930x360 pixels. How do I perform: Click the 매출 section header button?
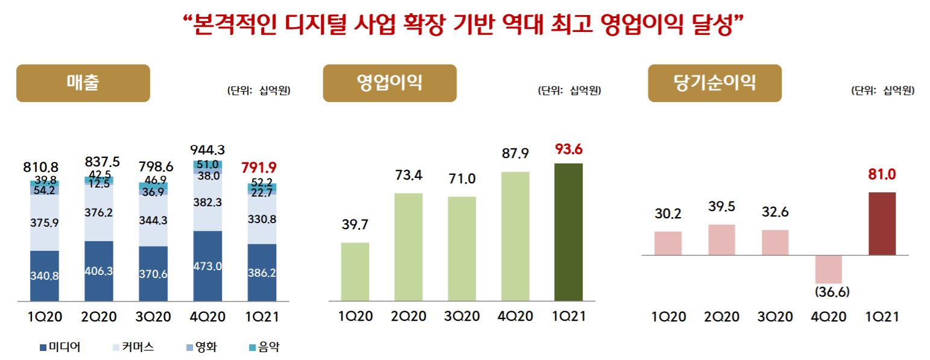[x=83, y=83]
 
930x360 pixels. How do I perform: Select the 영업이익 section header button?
[x=390, y=83]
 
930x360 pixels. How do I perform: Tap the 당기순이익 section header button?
[x=714, y=83]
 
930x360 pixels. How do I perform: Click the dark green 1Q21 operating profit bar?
[x=568, y=232]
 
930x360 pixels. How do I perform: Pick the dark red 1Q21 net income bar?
[x=882, y=224]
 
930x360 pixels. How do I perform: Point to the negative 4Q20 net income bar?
[x=829, y=269]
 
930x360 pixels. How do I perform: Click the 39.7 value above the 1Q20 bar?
[x=355, y=226]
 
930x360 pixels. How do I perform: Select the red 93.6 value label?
[x=569, y=149]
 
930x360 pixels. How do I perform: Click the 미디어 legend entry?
[x=60, y=347]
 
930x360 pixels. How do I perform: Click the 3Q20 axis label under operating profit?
[x=461, y=316]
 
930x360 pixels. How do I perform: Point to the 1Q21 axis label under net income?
[x=882, y=316]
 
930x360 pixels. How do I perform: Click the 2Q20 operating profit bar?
[x=408, y=247]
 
